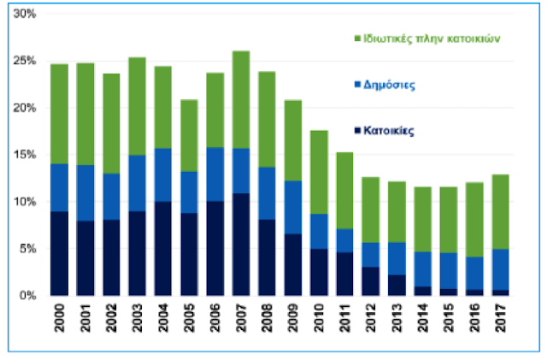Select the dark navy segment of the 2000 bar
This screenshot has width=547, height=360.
click(58, 253)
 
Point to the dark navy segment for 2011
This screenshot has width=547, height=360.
click(347, 274)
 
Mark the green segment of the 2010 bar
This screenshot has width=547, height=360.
click(321, 172)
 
